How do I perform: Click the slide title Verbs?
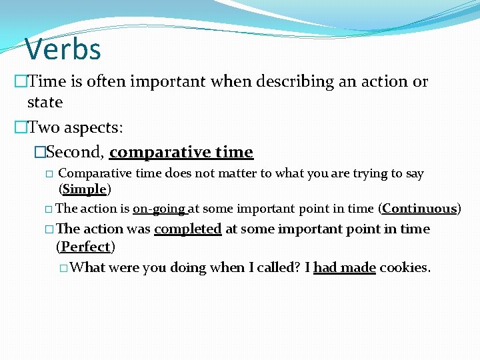point(63,49)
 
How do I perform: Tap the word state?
point(45,103)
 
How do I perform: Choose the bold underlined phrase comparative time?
point(181,152)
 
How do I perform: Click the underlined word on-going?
point(160,209)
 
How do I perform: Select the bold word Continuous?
point(419,209)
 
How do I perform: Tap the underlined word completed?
point(187,229)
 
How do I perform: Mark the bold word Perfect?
point(85,247)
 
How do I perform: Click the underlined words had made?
point(345,268)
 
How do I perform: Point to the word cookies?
point(405,268)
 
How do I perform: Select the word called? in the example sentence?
point(279,268)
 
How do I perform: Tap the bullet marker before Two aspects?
point(21,127)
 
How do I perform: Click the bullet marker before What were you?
point(63,268)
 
